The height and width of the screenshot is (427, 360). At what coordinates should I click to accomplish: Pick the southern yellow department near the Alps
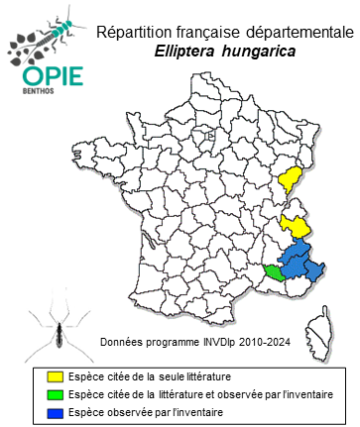pos(295,225)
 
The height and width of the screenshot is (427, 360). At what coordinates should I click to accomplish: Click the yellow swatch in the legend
pos(57,377)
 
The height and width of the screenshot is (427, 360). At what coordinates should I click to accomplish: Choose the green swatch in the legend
pos(57,394)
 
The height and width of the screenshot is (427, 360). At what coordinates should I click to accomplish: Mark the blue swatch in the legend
pos(57,411)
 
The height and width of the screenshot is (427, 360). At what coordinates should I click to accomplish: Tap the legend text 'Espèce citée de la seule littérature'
pos(150,377)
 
